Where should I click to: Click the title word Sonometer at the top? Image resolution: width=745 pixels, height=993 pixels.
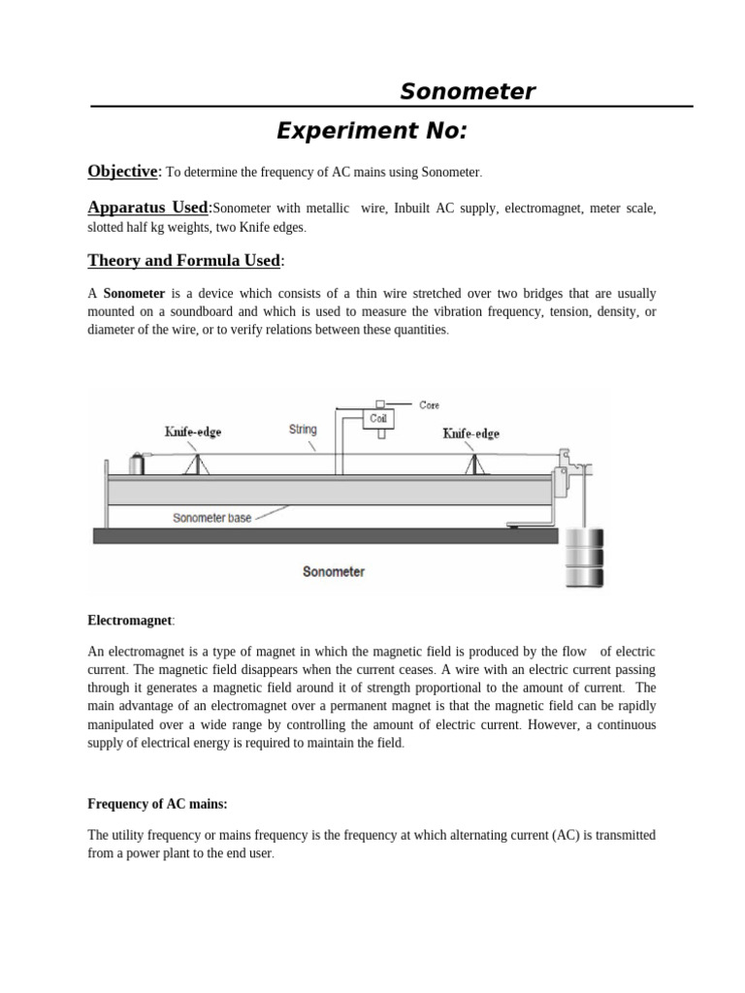468,92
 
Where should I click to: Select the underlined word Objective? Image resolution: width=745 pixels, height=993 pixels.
122,172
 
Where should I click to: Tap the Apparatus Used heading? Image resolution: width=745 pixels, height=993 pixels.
147,208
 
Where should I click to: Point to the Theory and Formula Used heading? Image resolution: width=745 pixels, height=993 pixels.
184,260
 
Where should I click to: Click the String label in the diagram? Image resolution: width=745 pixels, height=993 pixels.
303,429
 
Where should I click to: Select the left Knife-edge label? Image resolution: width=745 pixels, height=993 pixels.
192,432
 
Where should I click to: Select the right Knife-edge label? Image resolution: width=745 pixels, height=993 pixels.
471,433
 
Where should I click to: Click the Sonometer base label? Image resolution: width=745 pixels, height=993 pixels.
211,518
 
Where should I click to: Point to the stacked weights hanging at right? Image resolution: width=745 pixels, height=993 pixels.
584,558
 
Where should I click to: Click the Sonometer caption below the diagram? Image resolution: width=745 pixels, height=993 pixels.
333,571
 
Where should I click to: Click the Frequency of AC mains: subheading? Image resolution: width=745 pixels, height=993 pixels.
157,804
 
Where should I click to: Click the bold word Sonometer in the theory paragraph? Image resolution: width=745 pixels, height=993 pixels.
133,293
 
